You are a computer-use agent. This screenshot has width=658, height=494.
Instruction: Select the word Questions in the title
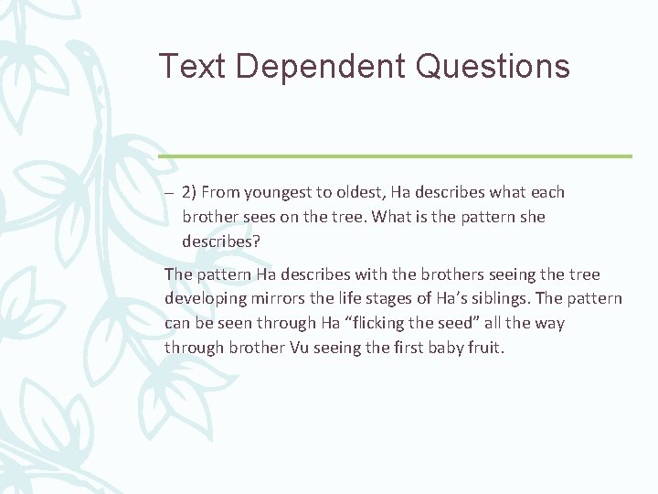494,66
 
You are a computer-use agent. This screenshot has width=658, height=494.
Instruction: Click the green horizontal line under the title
395,156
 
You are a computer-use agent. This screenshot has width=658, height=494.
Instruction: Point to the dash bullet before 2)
169,193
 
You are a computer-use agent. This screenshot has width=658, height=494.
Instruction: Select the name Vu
281,348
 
